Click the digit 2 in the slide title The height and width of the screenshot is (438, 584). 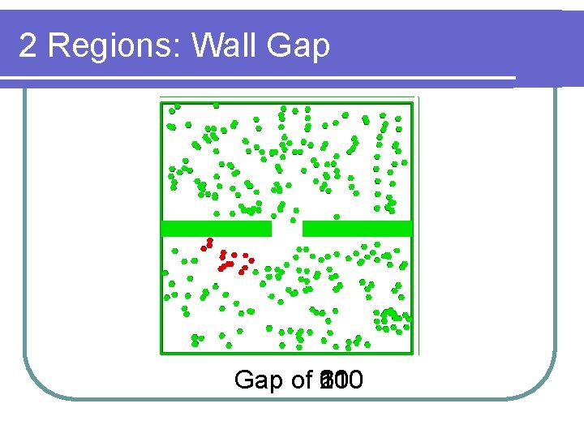coord(28,46)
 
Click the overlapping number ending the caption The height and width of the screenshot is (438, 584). coord(341,380)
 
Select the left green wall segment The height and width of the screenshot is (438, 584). coord(217,229)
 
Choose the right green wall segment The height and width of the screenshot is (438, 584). coord(357,229)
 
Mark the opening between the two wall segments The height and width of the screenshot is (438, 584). coord(286,229)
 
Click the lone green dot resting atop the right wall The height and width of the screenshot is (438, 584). coord(337,217)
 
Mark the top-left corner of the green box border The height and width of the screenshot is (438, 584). coord(162,101)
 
